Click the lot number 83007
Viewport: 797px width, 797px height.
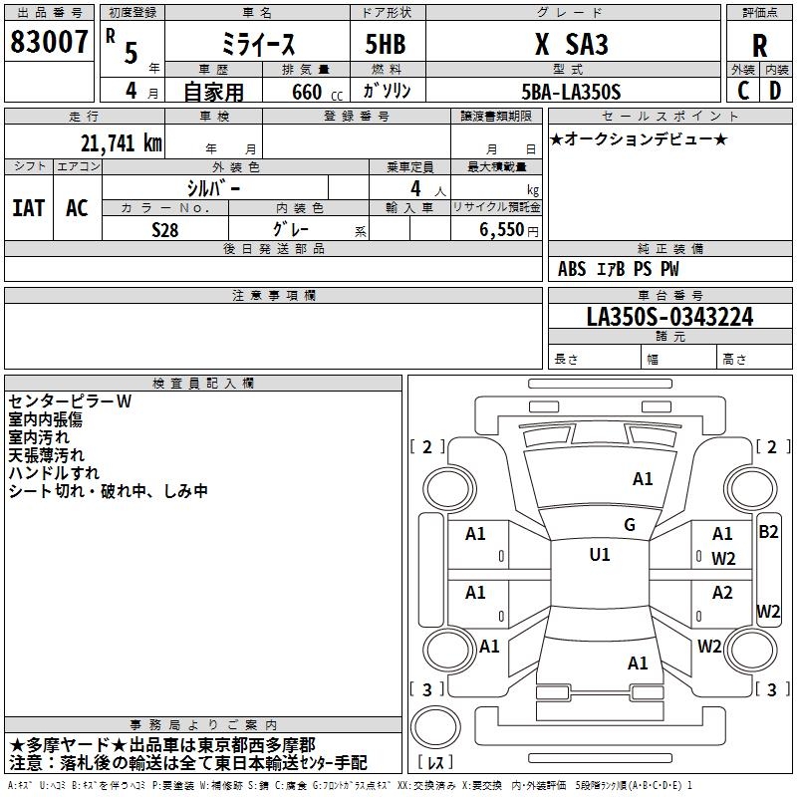49,42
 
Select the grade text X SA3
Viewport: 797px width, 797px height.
571,44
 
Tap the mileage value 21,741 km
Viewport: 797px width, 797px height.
121,143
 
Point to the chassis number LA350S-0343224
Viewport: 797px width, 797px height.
669,317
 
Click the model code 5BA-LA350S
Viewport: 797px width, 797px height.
571,92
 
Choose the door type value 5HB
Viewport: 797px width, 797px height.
386,44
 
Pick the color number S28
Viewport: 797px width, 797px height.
164,230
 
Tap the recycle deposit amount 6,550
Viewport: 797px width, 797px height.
501,230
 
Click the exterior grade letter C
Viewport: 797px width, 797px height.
743,91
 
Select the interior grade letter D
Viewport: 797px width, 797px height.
775,91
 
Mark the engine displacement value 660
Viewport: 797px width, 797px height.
307,92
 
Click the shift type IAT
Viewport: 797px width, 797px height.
29,208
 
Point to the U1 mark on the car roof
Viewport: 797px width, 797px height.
600,554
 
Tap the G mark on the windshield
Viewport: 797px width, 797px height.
630,525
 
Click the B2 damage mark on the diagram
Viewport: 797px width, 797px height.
768,532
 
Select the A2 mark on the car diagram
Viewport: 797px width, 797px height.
722,592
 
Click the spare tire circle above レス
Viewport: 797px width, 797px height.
435,727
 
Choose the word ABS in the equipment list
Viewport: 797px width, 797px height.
572,269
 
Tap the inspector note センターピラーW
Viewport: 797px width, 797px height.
70,401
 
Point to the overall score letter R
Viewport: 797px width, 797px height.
759,46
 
